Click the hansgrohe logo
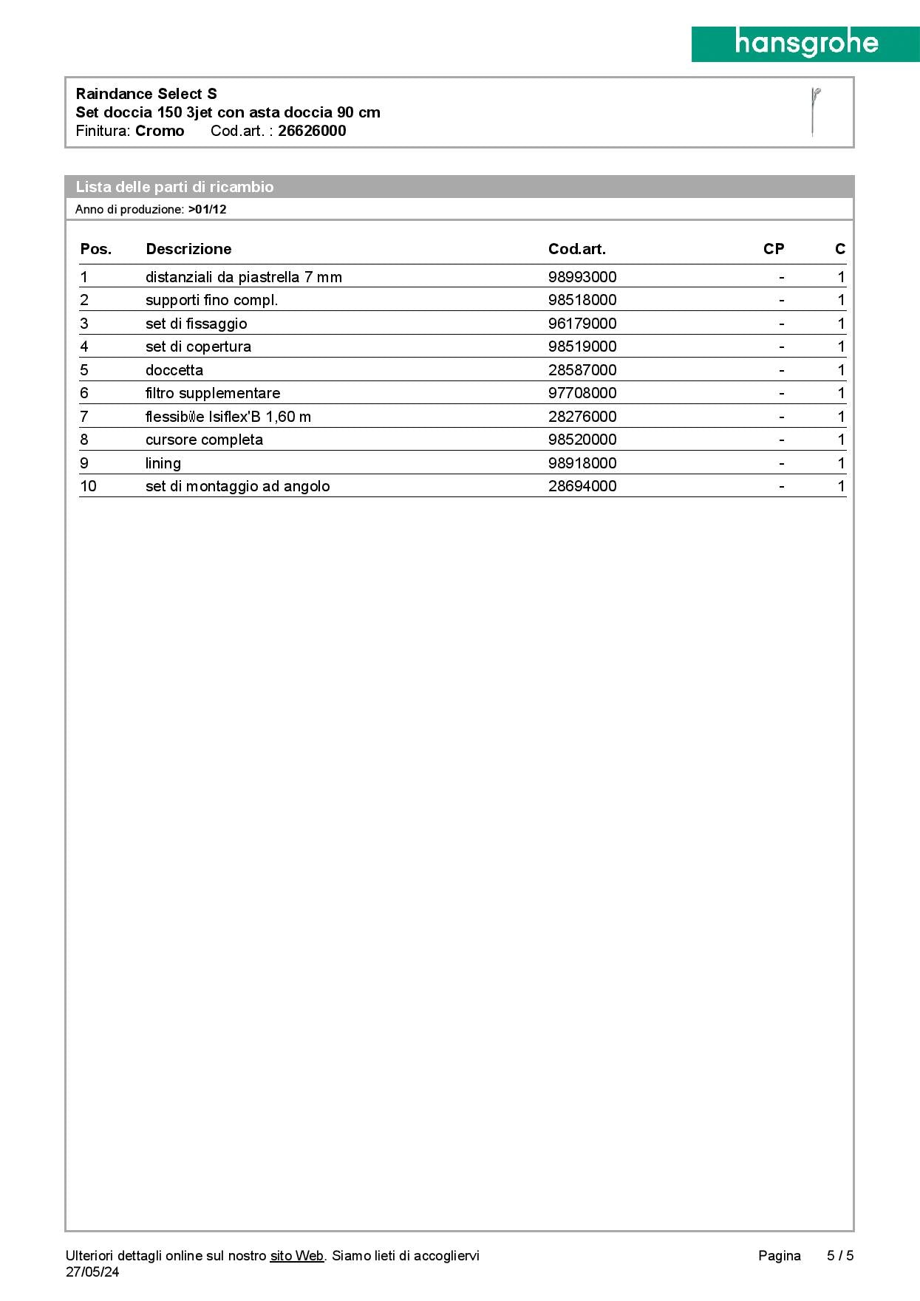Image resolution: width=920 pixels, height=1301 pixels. click(x=805, y=44)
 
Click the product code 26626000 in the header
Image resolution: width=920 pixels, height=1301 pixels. click(x=312, y=131)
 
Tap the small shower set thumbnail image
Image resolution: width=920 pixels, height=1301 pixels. click(x=814, y=112)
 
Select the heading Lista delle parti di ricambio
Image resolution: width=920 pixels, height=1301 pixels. click(x=174, y=187)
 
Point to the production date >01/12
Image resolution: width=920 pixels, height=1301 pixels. click(x=207, y=209)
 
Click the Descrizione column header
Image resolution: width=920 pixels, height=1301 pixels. click(x=188, y=249)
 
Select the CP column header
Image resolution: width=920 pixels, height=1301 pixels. click(x=773, y=249)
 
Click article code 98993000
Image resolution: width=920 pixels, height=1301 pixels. click(x=582, y=277)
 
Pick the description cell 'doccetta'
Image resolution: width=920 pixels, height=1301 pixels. click(x=174, y=370)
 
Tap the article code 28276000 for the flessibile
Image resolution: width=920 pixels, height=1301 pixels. click(x=582, y=417)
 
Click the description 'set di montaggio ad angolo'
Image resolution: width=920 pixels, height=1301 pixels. click(x=237, y=486)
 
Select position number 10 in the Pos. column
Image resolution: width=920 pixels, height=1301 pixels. click(x=88, y=486)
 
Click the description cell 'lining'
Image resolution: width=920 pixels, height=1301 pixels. click(x=163, y=463)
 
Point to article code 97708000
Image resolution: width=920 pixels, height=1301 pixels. click(x=582, y=393)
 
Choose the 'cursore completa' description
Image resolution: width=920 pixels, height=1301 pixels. click(x=204, y=440)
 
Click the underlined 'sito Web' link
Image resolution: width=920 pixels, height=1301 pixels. click(x=297, y=1255)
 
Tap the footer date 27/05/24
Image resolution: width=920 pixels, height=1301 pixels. click(x=92, y=1271)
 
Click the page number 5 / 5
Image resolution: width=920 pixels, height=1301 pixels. click(x=840, y=1255)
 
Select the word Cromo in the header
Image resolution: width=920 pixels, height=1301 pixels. click(x=160, y=131)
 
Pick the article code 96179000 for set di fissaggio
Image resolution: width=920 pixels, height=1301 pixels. click(x=582, y=324)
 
